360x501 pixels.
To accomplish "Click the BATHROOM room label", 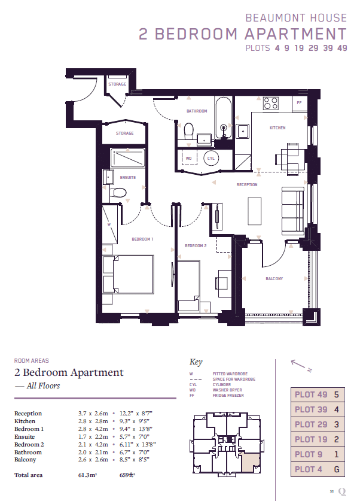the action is (197, 111).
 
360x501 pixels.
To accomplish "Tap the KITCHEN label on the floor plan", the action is (277, 128).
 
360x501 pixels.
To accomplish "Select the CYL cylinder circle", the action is (211, 158).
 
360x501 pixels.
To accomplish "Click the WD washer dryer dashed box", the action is (188, 158).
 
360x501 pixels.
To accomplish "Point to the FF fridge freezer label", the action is (299, 103).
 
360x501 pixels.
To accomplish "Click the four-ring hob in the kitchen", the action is (271, 104).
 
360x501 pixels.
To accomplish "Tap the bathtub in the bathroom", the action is (224, 118).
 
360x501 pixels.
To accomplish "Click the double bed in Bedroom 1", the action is (128, 274).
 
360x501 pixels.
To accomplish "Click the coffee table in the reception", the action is (254, 211).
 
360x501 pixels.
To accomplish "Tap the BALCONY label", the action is (274, 278).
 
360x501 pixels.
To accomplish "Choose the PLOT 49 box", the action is (318, 394).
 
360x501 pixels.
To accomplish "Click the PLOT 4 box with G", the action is (318, 469).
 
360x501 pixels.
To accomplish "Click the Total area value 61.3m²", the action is (87, 475).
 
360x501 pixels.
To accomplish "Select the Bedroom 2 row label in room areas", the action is (29, 445).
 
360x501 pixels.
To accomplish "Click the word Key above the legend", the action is (196, 362).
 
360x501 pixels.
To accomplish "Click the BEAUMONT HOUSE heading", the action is (296, 18).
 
